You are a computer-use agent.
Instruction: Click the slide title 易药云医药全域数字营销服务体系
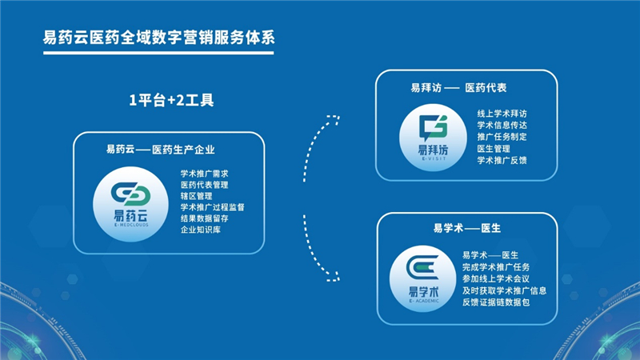[x=158, y=38]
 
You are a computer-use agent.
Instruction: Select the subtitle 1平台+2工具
[x=171, y=100]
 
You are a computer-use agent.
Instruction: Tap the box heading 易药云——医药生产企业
[x=161, y=150]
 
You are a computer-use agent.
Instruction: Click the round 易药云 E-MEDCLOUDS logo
[x=130, y=204]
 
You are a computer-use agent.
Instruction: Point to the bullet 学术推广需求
[x=205, y=174]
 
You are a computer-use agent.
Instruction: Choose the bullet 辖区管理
[x=196, y=196]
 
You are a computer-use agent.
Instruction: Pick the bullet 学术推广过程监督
[x=212, y=207]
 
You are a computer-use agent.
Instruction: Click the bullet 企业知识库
[x=201, y=230]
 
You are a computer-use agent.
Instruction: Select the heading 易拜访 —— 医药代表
[x=458, y=88]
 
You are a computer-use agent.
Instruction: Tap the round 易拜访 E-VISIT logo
[x=433, y=138]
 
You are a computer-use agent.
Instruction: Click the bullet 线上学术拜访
[x=502, y=114]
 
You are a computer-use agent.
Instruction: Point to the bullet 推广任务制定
[x=502, y=137]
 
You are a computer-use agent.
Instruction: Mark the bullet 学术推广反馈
[x=502, y=161]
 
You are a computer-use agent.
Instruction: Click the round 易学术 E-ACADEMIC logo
[x=423, y=278]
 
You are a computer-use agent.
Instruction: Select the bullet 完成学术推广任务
[x=496, y=267]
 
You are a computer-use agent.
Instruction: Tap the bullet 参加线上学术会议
[x=496, y=278]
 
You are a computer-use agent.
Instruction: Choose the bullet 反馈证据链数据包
[x=496, y=302]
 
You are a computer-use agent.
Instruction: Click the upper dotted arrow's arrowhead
[x=334, y=119]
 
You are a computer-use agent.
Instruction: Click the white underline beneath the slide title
[x=158, y=53]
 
